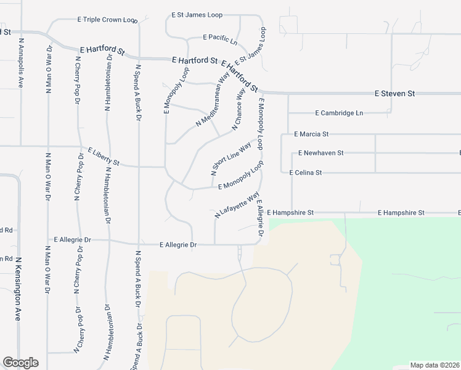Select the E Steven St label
[x=395, y=94]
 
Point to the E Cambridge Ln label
[x=339, y=113]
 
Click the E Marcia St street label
[x=311, y=134]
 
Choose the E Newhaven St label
[x=320, y=153]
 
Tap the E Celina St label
[x=306, y=173]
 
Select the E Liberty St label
[x=103, y=157]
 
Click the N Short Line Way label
[x=231, y=158]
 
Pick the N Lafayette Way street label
[x=237, y=205]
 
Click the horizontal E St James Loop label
[x=197, y=14]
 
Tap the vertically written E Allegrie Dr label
[x=261, y=219]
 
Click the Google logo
[x=20, y=363]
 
